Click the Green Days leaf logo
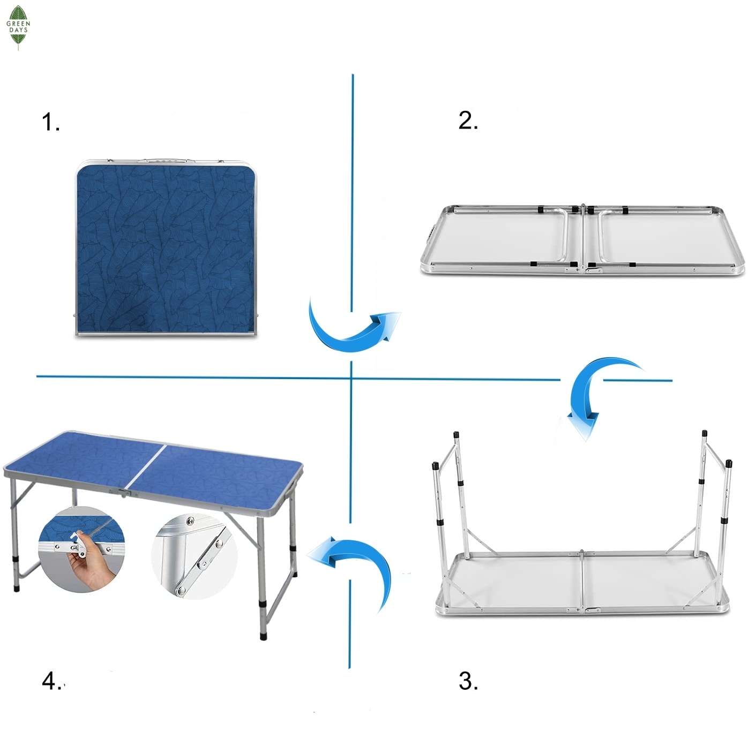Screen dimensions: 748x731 coord(18,28)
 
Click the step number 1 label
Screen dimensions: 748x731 coord(51,122)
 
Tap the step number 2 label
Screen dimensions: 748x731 coord(468,120)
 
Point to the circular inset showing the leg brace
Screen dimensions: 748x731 coord(194,556)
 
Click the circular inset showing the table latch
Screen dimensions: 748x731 coord(81,549)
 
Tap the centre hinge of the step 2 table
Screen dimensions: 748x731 coord(583,238)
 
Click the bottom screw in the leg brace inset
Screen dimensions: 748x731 coord(179,590)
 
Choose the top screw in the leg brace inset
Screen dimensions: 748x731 coord(190,521)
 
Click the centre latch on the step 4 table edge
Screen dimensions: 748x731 coord(123,493)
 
